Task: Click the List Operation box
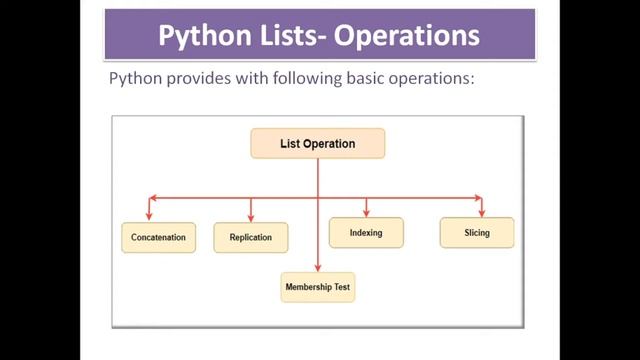[x=317, y=144]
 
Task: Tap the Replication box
[x=250, y=238]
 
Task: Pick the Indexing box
[x=366, y=233]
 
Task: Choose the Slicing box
[x=477, y=233]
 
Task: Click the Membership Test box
[x=317, y=288]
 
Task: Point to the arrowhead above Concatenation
[x=150, y=213]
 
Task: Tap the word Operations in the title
[x=407, y=36]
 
